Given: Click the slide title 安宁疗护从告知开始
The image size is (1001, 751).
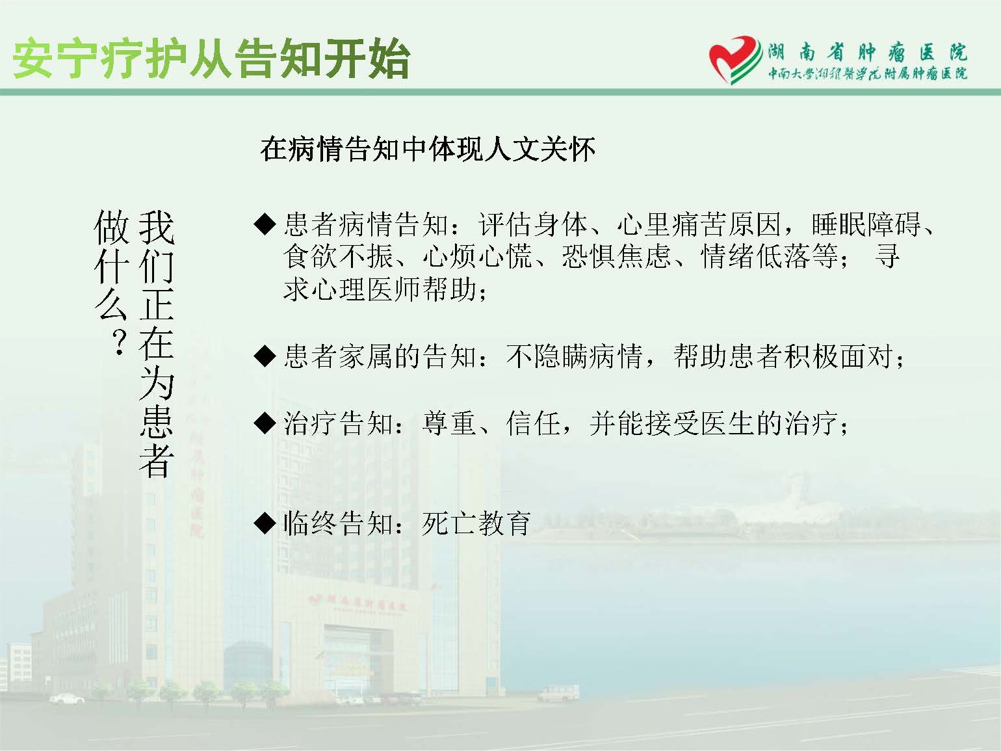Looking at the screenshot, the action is pos(211,59).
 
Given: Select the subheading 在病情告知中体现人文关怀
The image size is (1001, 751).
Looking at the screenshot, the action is pos(428,149).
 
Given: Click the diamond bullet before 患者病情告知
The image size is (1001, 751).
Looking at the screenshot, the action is pos(265,224).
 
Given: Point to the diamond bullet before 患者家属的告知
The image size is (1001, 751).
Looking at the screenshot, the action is pos(265,356).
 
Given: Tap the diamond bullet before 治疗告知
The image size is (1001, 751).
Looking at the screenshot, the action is pos(265,423).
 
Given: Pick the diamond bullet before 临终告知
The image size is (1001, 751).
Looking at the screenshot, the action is pos(265,523).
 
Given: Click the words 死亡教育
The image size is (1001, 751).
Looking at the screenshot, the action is pos(476,523).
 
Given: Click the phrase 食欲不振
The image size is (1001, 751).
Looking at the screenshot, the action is pos(338,256).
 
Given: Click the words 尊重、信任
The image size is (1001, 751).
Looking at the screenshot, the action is pos(491,423).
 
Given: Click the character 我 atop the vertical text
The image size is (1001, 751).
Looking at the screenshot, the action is pos(157,228).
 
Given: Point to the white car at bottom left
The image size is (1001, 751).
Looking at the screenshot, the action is pos(67,698).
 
